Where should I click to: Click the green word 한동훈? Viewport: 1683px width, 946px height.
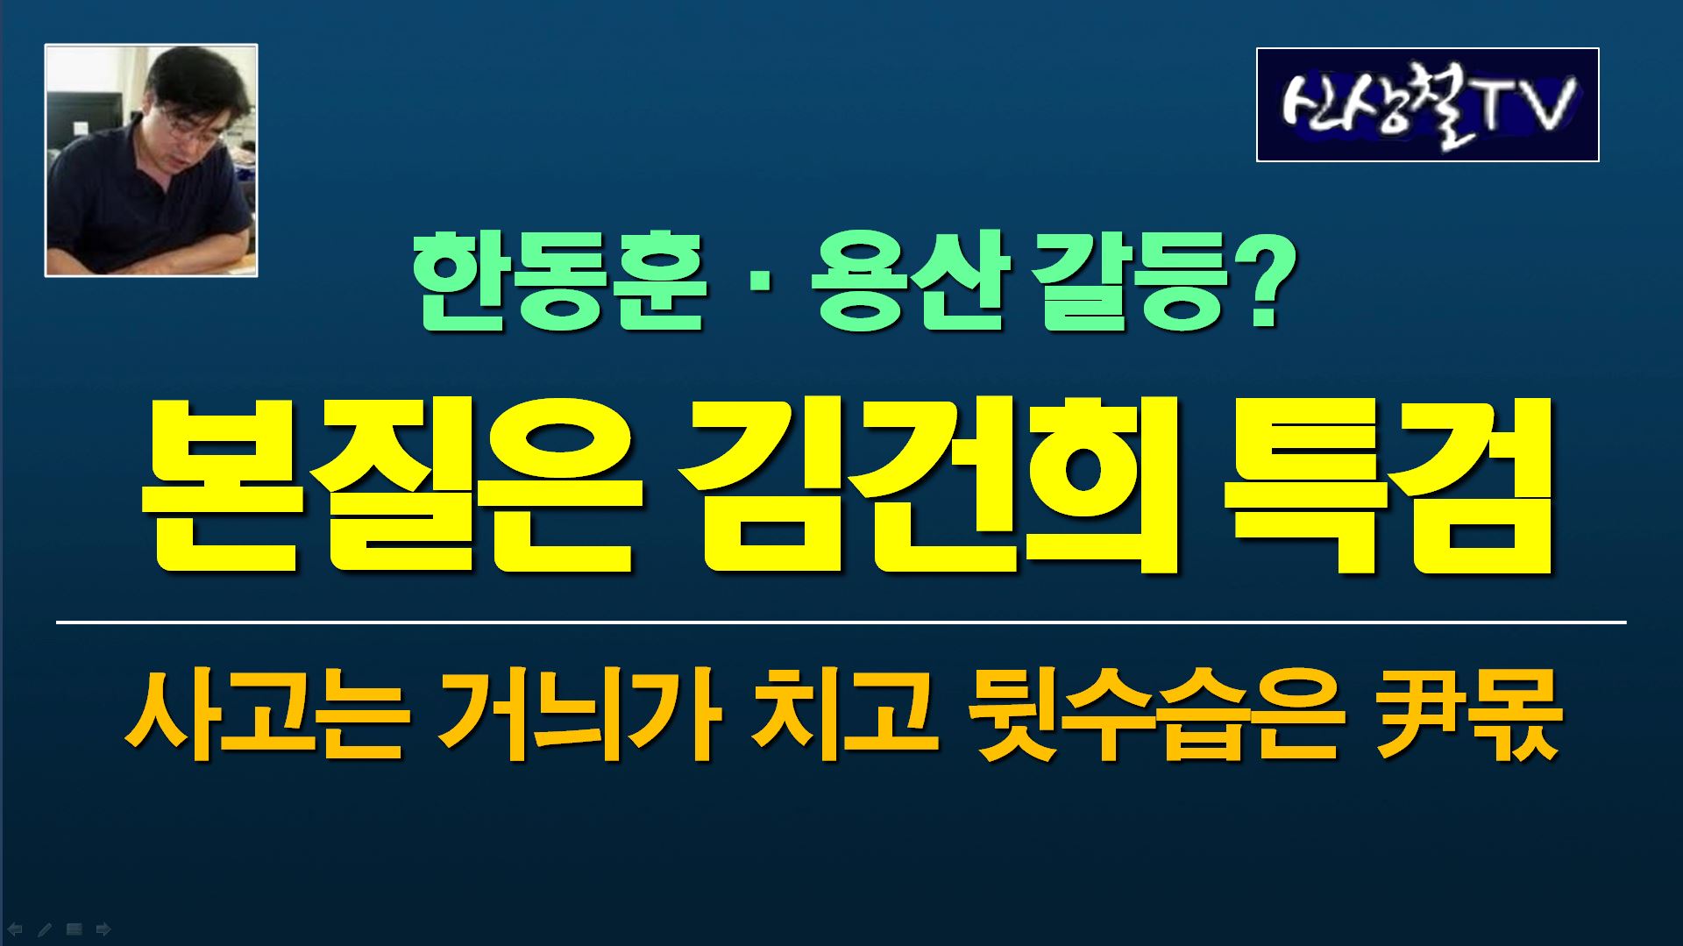point(559,282)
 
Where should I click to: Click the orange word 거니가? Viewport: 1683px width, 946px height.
point(579,715)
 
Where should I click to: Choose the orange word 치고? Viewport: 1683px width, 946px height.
point(843,715)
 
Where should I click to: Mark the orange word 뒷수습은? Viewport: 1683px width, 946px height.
point(1156,715)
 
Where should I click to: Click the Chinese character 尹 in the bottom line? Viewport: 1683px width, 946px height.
point(1417,715)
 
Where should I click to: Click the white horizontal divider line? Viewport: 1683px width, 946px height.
point(841,622)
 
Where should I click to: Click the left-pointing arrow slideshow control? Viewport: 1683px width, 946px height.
point(15,929)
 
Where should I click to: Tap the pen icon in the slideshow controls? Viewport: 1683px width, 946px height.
point(45,929)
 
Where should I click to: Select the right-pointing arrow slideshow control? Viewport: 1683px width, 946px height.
point(103,929)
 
